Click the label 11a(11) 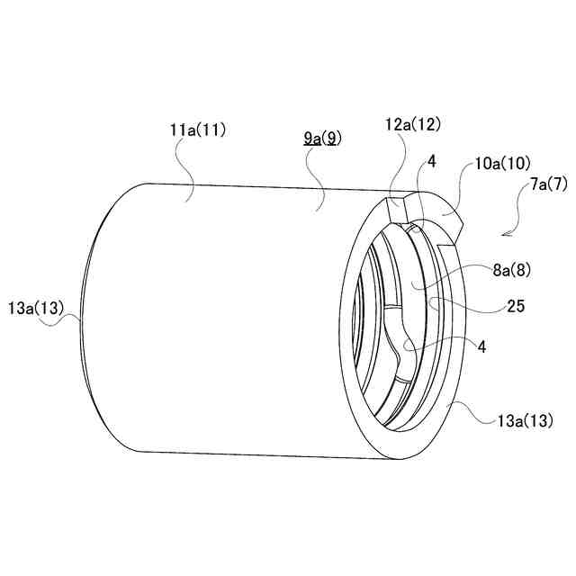click(x=198, y=130)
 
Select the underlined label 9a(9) click(x=322, y=139)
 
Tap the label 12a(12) click(x=412, y=125)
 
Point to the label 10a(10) click(x=503, y=164)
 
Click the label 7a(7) click(x=549, y=184)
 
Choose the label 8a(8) click(x=512, y=271)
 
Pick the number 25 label click(x=516, y=306)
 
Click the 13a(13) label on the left click(x=36, y=308)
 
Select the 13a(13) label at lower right click(x=525, y=420)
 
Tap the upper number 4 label click(x=432, y=162)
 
